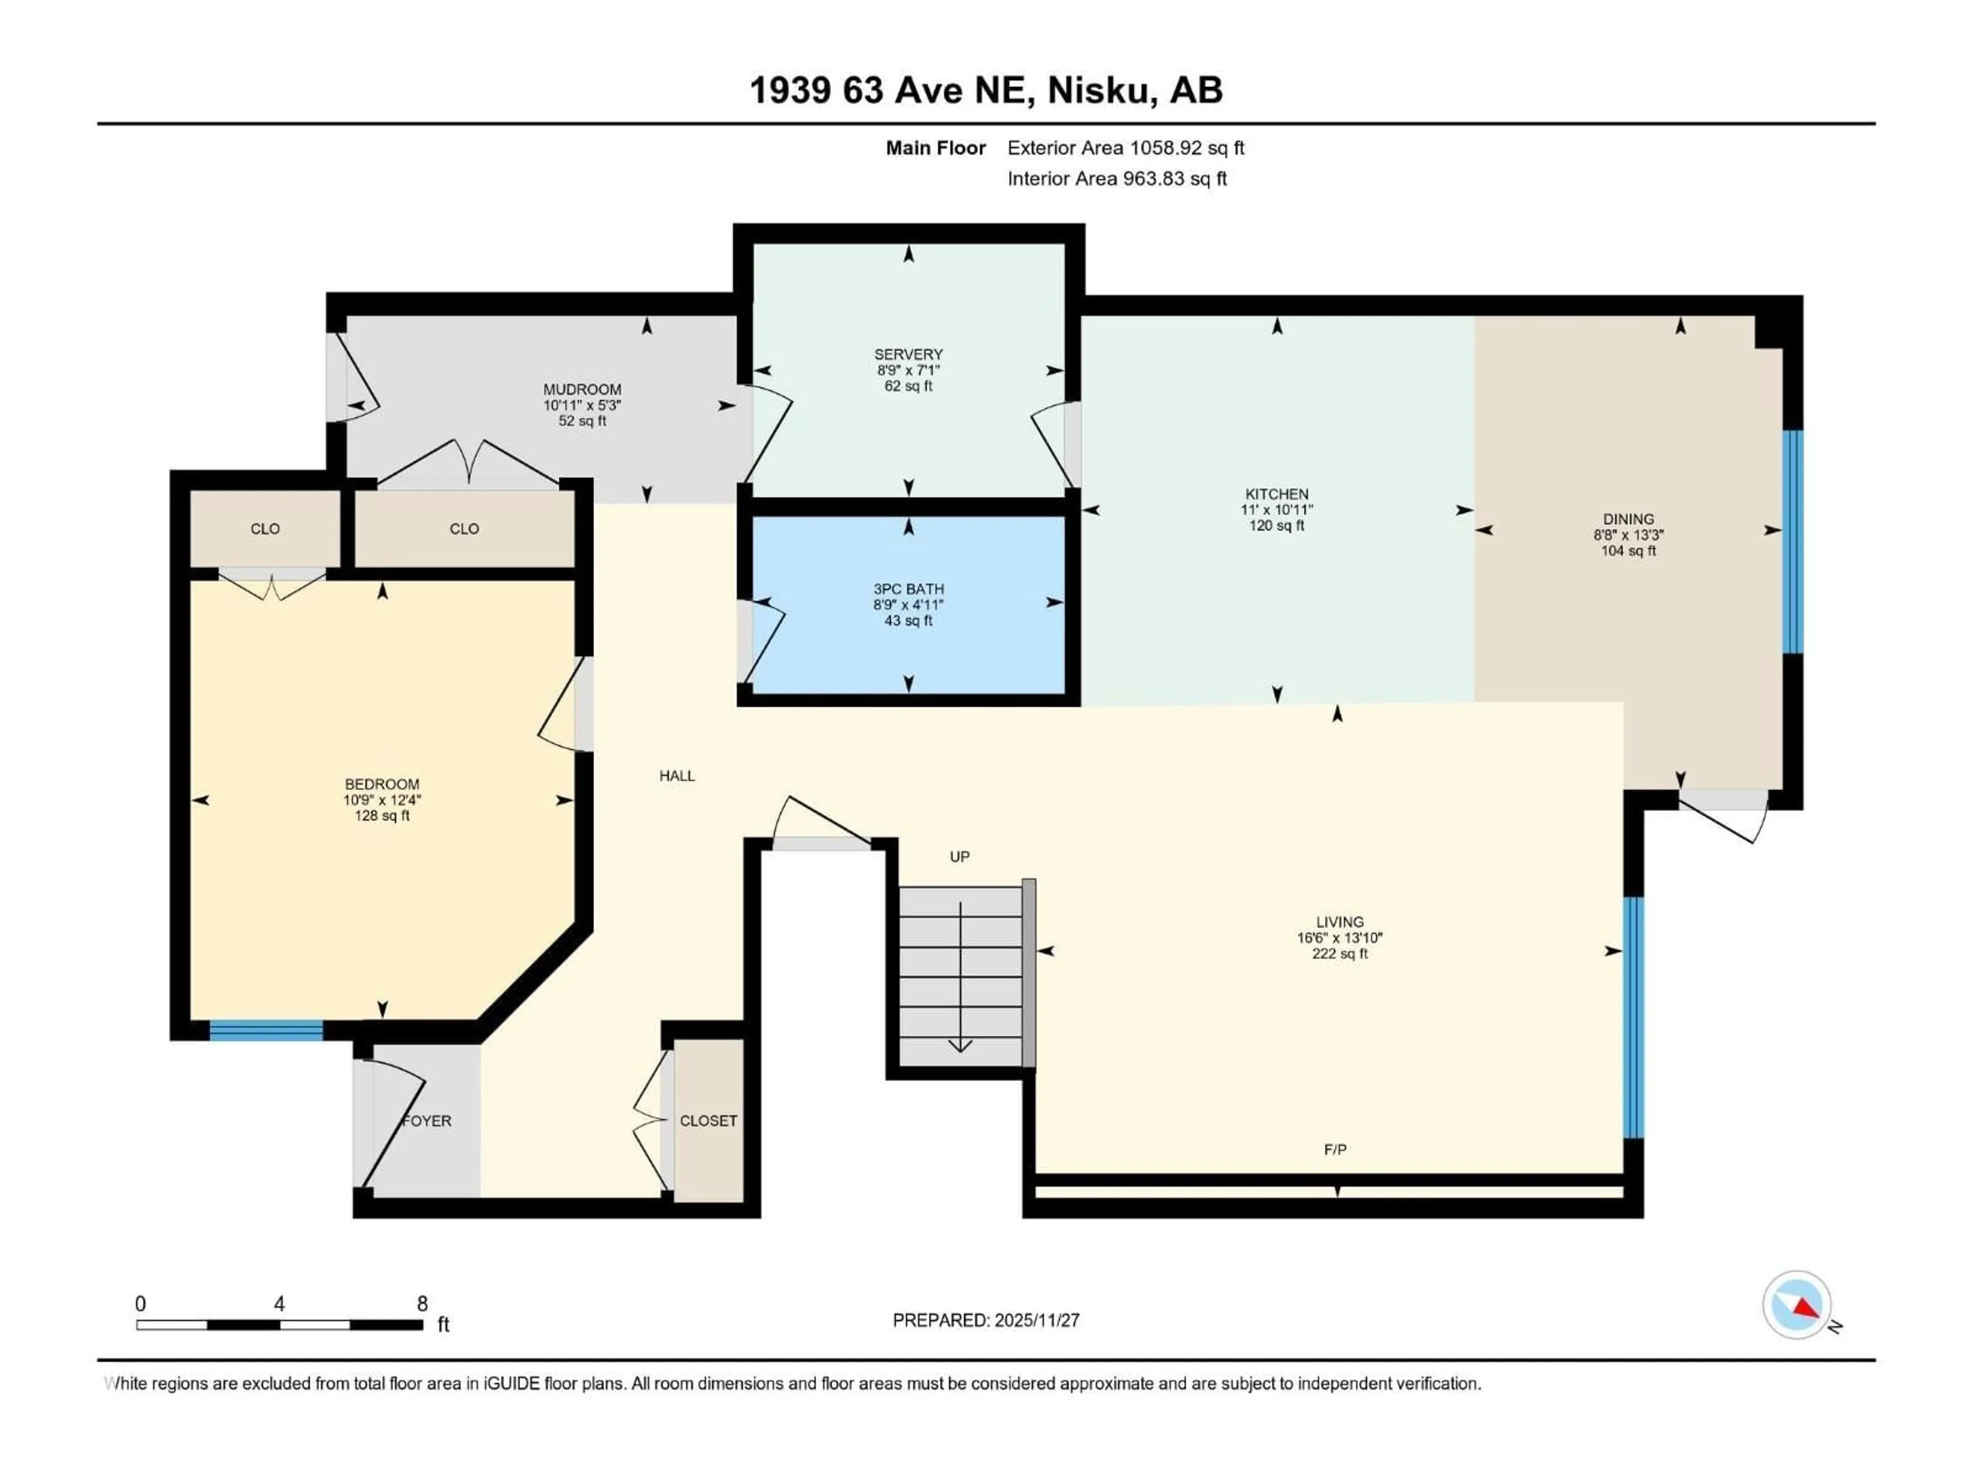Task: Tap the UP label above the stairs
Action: pyautogui.click(x=959, y=857)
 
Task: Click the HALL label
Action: pyautogui.click(x=677, y=776)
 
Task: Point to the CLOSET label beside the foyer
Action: pyautogui.click(x=708, y=1120)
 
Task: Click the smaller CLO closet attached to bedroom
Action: pyautogui.click(x=265, y=529)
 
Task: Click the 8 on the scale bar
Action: pyautogui.click(x=422, y=1303)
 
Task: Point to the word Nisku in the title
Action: pyautogui.click(x=1098, y=90)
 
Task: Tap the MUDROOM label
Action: pyautogui.click(x=582, y=389)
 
